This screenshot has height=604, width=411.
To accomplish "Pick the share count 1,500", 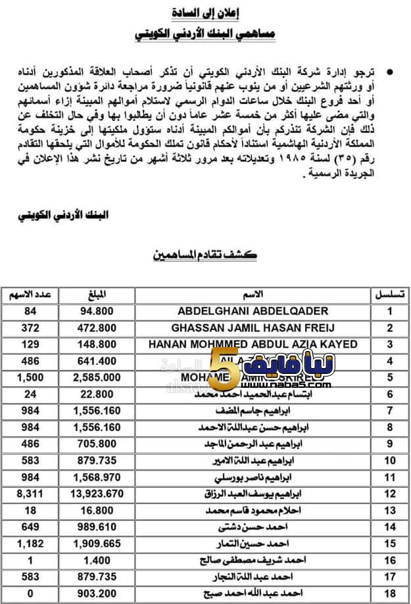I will tap(26, 377).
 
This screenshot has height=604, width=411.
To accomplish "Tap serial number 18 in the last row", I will tap(389, 593).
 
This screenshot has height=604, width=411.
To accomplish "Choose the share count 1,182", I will tap(26, 544).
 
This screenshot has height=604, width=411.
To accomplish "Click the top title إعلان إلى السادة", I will tap(205, 12).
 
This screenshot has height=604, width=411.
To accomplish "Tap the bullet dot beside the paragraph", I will tap(392, 69).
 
